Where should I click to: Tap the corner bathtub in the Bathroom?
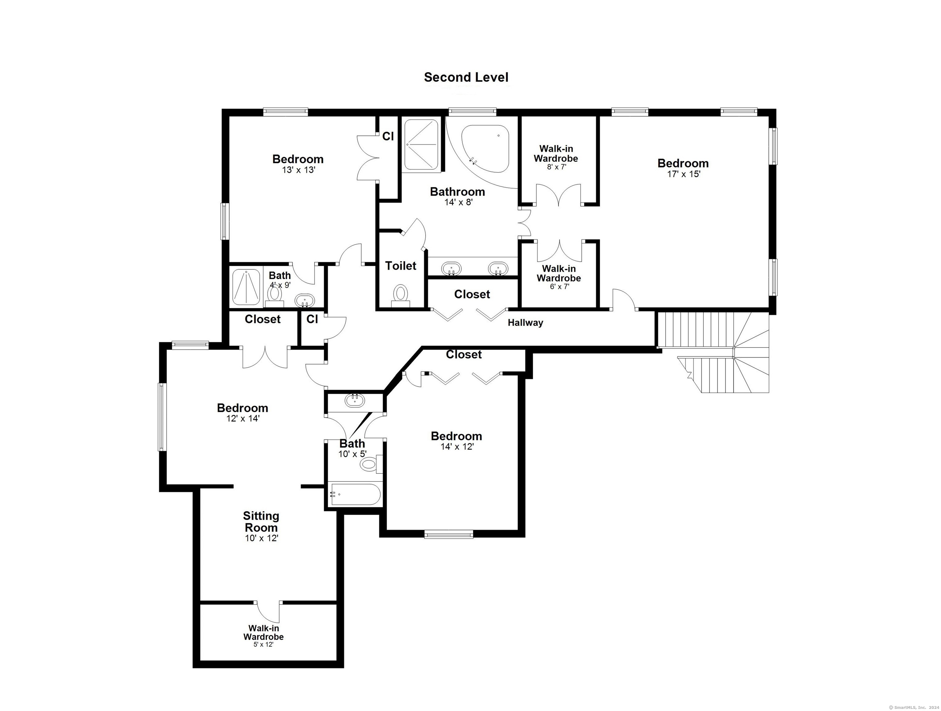(x=486, y=148)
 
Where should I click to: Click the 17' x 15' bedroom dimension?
(x=683, y=174)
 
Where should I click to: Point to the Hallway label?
(x=525, y=323)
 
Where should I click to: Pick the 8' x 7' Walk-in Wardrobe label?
(x=556, y=157)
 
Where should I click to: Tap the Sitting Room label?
(x=261, y=522)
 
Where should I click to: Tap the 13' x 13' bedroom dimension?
(x=298, y=170)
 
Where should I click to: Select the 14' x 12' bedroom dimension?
(x=457, y=447)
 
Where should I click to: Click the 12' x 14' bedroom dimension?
(x=243, y=418)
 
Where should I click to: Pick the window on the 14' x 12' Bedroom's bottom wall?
(x=448, y=534)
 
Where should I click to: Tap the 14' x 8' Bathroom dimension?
(x=459, y=202)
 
